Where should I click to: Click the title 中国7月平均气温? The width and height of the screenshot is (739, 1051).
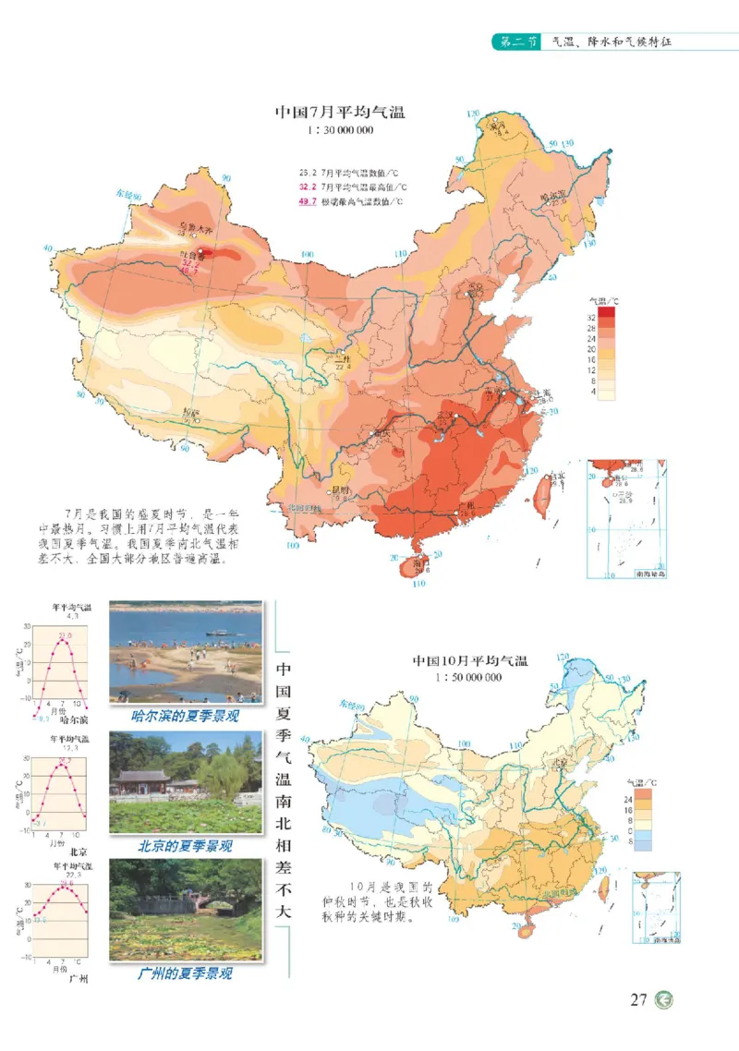(x=340, y=113)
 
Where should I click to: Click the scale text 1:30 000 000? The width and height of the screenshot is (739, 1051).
(x=340, y=131)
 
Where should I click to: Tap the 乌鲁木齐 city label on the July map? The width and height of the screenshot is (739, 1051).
(x=195, y=226)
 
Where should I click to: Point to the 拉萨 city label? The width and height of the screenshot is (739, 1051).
(x=191, y=412)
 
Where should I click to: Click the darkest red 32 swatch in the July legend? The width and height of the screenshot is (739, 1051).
(x=606, y=314)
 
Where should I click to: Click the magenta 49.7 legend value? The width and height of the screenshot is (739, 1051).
(x=308, y=201)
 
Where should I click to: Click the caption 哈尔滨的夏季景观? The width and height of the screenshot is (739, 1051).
(x=184, y=717)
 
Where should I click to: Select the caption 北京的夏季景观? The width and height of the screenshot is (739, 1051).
(x=185, y=845)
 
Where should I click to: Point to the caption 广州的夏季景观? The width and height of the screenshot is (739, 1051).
(x=185, y=972)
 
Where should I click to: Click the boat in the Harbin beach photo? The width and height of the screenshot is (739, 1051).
(x=216, y=633)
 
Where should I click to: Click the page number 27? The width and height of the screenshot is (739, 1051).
(x=638, y=1000)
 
